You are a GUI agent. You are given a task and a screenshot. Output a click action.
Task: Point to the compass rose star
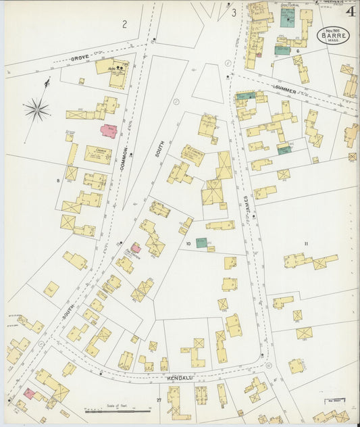pos(36,108)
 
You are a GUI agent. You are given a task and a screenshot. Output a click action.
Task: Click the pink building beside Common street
pos(109,130)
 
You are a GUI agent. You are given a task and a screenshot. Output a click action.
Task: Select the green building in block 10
pos(201,243)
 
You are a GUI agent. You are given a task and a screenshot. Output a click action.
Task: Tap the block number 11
pos(306,243)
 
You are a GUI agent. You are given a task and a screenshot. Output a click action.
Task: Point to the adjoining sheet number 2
pos(124,24)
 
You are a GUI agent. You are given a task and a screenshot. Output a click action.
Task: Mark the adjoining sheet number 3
pos(234,12)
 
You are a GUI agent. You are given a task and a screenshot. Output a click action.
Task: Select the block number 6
pos(297,51)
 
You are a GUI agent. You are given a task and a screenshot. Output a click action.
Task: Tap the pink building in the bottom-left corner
pos(29,393)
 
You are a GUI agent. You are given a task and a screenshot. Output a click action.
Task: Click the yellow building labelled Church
pos(97,155)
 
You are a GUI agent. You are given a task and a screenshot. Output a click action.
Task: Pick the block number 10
pos(188,243)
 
